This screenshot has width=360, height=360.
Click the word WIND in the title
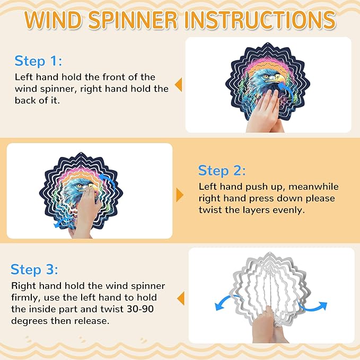click(53, 20)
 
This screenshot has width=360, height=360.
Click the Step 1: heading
click(38, 62)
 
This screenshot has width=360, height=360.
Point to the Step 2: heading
click(222, 171)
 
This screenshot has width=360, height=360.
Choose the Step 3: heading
click(34, 269)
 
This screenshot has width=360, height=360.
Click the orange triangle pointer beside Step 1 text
click(178, 85)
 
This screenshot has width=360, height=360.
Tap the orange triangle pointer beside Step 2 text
click(180, 195)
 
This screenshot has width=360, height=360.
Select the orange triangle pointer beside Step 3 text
click(181, 298)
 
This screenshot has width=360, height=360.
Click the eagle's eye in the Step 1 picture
click(266, 76)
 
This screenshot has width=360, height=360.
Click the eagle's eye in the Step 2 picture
click(80, 186)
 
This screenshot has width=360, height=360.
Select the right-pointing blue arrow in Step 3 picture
click(313, 305)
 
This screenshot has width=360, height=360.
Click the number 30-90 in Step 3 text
click(141, 309)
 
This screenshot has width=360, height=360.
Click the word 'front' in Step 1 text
click(114, 77)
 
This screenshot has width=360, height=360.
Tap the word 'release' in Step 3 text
click(92, 321)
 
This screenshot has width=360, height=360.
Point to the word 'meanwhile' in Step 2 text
click(313, 187)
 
